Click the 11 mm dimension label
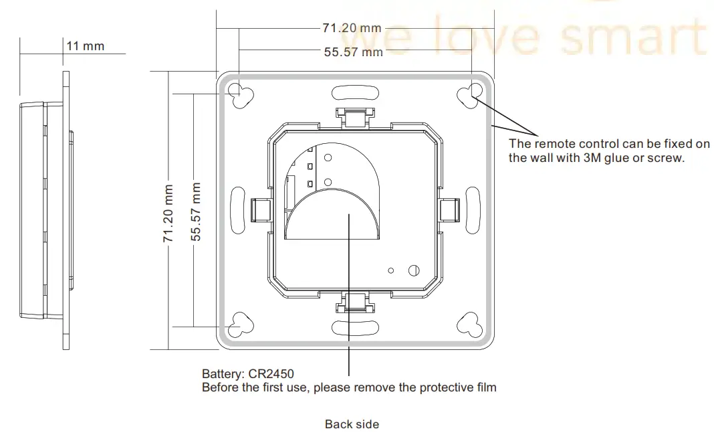pos(86,46)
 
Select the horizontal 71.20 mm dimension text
pos(352,28)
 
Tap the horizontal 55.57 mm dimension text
pos(353,52)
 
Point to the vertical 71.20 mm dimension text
pos(169,213)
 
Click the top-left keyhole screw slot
pos(240,94)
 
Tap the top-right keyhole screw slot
pos(471,94)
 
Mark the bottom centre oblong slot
pos(355,327)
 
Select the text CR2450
pos(271,373)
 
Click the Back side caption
pos(352,424)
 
